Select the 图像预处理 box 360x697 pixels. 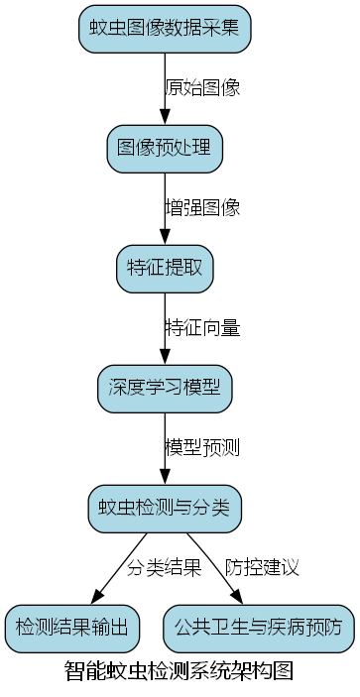[x=165, y=149]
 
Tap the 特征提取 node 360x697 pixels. [x=165, y=268]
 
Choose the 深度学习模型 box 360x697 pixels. [x=165, y=388]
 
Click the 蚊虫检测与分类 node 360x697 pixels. [x=165, y=507]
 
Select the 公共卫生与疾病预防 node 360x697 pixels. [x=258, y=626]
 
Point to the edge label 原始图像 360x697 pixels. [x=202, y=87]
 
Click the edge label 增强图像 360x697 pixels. [x=202, y=208]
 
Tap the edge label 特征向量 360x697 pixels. [x=202, y=327]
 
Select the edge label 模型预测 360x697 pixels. [x=202, y=446]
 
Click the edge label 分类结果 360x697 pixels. [x=165, y=567]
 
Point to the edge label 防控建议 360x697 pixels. [x=262, y=567]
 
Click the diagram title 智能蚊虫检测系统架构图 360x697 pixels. [x=180, y=671]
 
